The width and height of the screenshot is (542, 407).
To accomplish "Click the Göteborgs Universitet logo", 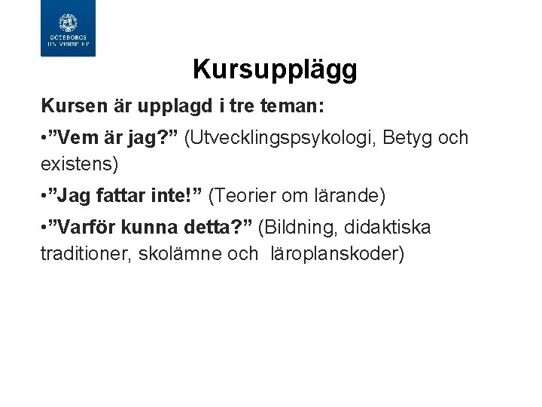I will pos(68,29).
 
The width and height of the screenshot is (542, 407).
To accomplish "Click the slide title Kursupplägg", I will pos(275,70).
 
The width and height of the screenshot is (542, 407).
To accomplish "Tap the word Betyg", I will pos(405,138).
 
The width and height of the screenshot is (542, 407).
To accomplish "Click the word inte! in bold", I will pos(177,196).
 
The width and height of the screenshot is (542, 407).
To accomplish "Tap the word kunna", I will pos(156,228).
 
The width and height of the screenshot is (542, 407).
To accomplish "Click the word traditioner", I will pos(84,254).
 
